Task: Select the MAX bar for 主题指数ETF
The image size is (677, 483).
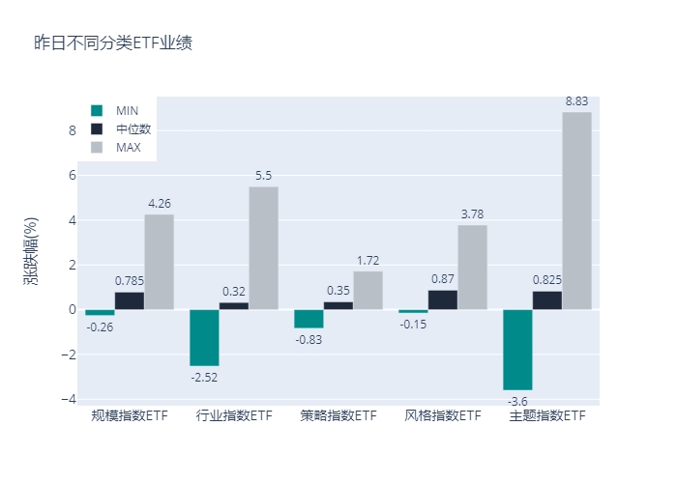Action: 577,211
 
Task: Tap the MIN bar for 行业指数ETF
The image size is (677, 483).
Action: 204,337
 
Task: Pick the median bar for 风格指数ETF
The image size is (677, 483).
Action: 443,299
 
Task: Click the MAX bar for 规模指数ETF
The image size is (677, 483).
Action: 160,262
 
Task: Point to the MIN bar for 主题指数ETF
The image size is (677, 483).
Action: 517,350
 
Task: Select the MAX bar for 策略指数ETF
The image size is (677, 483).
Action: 368,290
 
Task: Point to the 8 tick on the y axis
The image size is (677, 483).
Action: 72,130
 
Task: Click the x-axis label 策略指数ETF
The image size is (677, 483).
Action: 338,416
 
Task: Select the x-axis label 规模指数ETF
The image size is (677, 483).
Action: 130,416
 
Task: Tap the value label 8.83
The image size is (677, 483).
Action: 577,100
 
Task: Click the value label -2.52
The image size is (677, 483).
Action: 204,377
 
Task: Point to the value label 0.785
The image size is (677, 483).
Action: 130,281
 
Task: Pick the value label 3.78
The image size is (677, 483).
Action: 472,213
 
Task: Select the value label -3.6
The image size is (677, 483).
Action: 517,401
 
